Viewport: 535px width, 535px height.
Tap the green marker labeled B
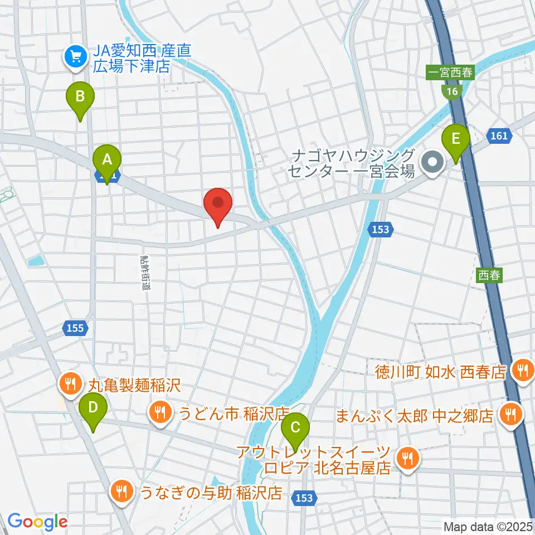[x=80, y=98]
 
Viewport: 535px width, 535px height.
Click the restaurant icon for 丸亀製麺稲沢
[x=70, y=383]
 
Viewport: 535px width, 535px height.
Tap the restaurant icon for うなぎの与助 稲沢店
[x=121, y=491]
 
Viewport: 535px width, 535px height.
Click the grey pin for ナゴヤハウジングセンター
[x=432, y=163]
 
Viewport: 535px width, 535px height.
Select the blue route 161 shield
[x=499, y=134]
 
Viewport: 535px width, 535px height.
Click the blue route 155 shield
[x=76, y=328]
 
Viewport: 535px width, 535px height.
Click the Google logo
[x=37, y=522]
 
